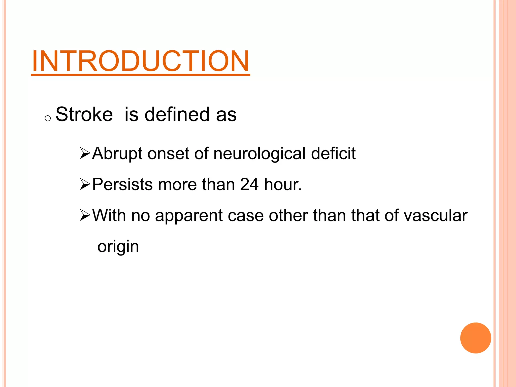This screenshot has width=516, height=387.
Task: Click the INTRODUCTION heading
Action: pyautogui.click(x=141, y=61)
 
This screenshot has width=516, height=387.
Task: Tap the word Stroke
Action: pyautogui.click(x=84, y=114)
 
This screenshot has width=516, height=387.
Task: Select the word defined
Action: pyautogui.click(x=177, y=114)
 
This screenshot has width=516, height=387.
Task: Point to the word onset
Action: pyautogui.click(x=168, y=154)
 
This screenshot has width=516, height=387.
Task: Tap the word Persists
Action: pyautogui.click(x=122, y=184)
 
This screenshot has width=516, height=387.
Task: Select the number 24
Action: pyautogui.click(x=249, y=184)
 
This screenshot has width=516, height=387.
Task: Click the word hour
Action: pyautogui.click(x=282, y=184)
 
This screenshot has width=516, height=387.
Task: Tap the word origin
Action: pyautogui.click(x=118, y=247)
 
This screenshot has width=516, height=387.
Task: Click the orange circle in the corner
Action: pyautogui.click(x=475, y=338)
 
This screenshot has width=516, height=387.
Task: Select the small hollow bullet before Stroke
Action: pyautogui.click(x=48, y=118)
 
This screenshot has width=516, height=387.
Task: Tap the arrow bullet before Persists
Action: pyautogui.click(x=85, y=184)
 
